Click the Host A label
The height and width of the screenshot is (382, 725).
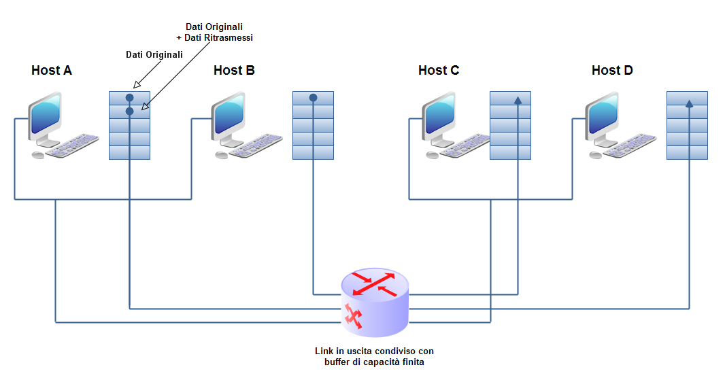point(52,71)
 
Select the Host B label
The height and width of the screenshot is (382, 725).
point(234,71)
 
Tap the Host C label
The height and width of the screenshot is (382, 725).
point(439,71)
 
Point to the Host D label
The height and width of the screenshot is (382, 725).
point(612,71)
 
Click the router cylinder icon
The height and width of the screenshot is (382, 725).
point(374,302)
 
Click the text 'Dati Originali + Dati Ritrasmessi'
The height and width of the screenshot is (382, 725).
point(214,33)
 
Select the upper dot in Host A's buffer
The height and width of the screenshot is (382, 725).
point(129,98)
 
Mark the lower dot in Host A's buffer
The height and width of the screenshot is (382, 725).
point(129,110)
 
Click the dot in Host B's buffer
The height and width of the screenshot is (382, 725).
point(313,98)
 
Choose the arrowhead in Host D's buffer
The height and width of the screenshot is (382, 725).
point(689,104)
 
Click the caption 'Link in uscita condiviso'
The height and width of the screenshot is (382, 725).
point(374,351)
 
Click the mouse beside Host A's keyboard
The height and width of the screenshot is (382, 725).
point(38,155)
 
